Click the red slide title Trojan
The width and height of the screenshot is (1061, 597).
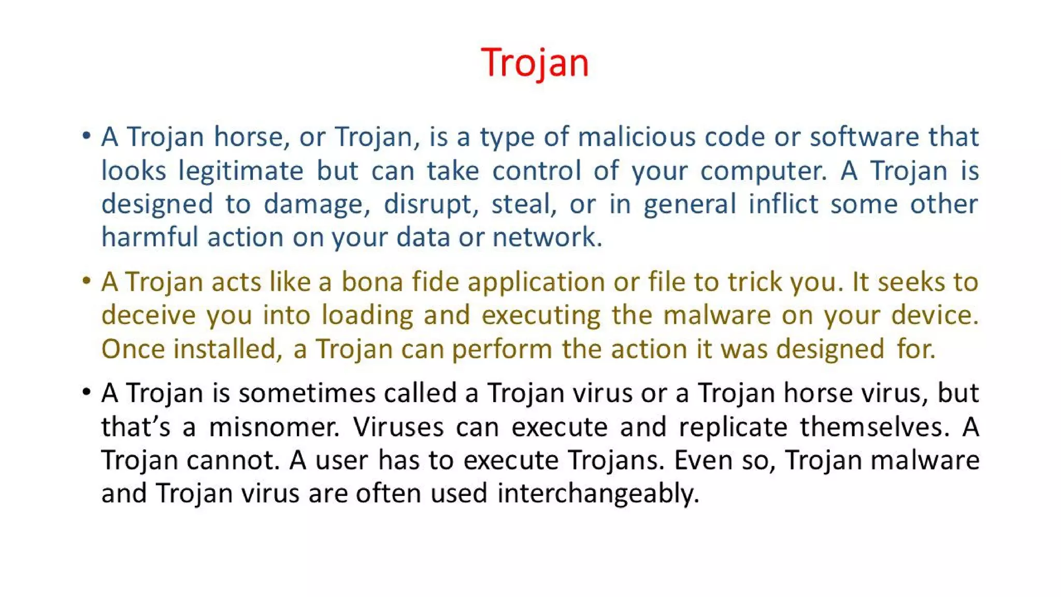[x=535, y=63]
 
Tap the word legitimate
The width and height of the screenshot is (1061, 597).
[x=240, y=171]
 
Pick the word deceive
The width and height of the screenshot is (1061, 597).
[x=148, y=315]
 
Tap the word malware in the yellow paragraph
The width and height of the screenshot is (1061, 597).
[x=717, y=315]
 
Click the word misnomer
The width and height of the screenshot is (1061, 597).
[x=274, y=428]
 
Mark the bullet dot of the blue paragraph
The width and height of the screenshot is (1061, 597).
[x=87, y=136]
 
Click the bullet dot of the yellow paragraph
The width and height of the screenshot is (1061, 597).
[x=87, y=281]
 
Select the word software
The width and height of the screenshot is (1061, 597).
[x=864, y=137]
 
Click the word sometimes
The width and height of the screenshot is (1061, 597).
[x=307, y=393]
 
